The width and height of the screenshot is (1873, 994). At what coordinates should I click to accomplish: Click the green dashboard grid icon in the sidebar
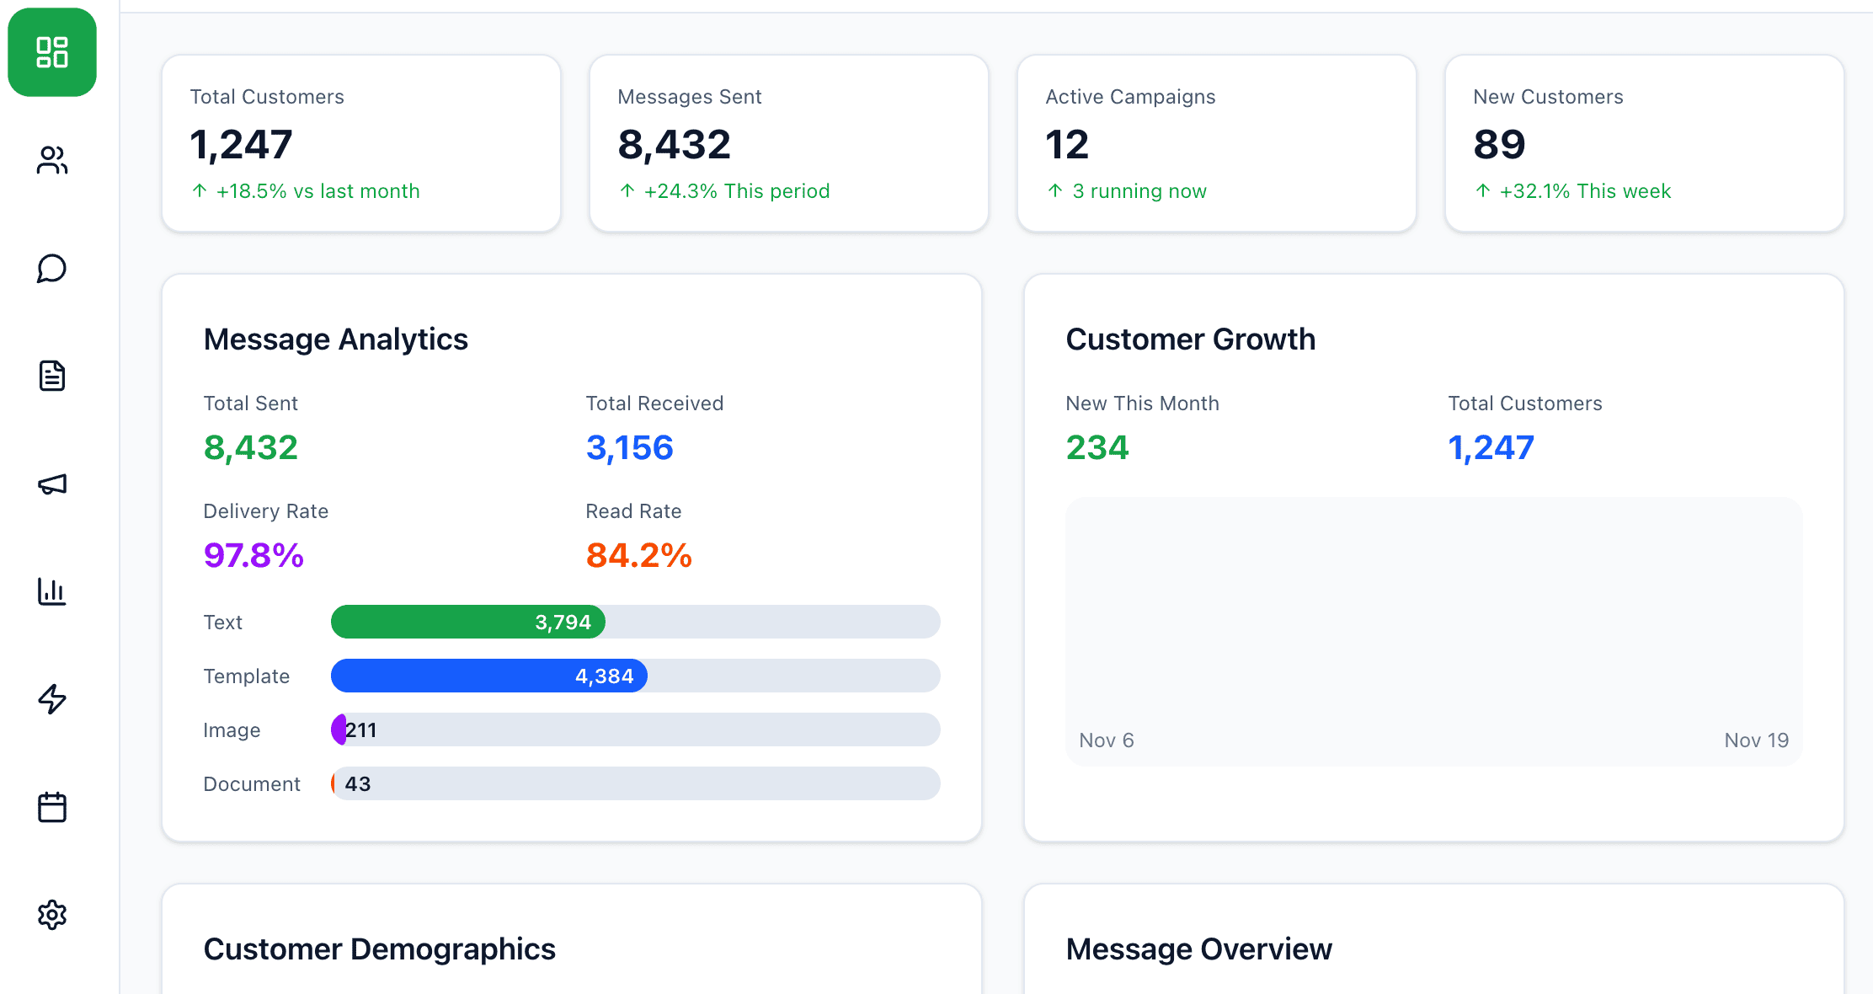(52, 52)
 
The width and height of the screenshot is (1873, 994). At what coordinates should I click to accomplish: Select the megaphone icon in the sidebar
(52, 484)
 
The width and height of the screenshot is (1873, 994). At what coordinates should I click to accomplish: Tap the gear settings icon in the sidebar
(52, 915)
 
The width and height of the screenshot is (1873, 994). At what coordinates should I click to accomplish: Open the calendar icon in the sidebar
(52, 807)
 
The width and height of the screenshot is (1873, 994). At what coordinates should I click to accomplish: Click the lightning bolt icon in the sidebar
(52, 699)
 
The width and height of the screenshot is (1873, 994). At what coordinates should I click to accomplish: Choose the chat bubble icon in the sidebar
(52, 269)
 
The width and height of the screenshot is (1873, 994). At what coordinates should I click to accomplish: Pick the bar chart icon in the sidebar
(52, 591)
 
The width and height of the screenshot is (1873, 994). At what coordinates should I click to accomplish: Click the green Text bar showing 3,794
(468, 622)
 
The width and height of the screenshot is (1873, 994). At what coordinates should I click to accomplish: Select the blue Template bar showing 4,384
(489, 676)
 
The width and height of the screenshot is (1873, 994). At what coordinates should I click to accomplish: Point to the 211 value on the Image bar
(361, 730)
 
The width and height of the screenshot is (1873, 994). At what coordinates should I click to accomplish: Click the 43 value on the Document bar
(358, 784)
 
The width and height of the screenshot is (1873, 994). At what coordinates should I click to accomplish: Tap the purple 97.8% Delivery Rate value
(253, 556)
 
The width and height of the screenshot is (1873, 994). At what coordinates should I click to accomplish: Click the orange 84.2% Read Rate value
(639, 556)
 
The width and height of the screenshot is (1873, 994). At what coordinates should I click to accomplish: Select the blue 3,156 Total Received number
(630, 448)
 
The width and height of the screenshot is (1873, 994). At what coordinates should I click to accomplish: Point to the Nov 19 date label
(1757, 740)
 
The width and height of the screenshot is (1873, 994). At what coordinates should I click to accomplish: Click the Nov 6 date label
(1107, 740)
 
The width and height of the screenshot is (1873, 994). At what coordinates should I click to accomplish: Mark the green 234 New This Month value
(1097, 448)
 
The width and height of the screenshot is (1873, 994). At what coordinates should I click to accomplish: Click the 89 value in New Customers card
(1499, 145)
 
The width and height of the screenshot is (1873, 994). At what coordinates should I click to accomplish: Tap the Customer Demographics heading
(380, 949)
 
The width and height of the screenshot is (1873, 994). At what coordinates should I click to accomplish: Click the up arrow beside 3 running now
(1055, 190)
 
